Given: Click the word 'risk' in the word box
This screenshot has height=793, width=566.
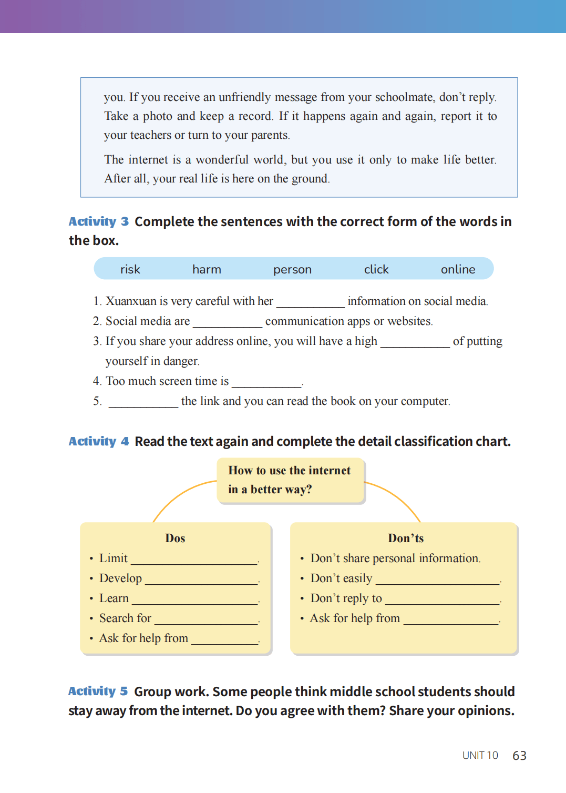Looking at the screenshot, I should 130,269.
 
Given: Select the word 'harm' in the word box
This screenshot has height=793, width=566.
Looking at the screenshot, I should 207,269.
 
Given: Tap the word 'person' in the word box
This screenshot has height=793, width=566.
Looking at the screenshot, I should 292,270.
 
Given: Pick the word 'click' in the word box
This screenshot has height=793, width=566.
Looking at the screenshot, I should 376,269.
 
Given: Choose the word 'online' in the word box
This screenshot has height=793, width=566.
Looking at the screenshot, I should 458,269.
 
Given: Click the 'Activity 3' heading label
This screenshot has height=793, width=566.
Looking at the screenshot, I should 99,221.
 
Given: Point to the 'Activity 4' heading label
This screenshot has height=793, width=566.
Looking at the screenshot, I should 99,441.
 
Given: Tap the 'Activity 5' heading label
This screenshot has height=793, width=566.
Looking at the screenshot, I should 98,691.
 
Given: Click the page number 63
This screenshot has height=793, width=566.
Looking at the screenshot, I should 519,756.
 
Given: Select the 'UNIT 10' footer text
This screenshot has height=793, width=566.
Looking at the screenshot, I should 480,756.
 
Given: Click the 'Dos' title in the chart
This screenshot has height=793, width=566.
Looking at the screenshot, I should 175,538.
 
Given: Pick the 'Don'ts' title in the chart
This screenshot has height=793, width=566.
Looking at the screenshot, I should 406,538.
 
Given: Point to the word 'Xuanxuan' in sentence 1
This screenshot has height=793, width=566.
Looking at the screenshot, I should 131,301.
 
